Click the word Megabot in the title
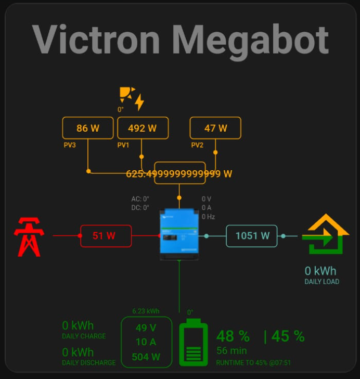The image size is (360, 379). pos(250,41)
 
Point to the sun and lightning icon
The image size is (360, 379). pos(132,98)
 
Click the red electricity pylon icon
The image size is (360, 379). pos(29,237)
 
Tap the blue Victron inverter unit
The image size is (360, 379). pos(179,234)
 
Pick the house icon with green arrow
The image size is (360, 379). pos(326,234)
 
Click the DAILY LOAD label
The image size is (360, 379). pos(322,282)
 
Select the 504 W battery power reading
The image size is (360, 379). pos(146,357)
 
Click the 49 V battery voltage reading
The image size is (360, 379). pos(146,328)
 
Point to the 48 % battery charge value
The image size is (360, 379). pos(233,336)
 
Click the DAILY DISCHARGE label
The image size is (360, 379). pos(88,362)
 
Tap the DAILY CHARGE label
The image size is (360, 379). pos(84,336)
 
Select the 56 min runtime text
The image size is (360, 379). pos(232,351)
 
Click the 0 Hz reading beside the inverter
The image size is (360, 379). pos(208,217)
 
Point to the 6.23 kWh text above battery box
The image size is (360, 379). pos(146,311)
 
